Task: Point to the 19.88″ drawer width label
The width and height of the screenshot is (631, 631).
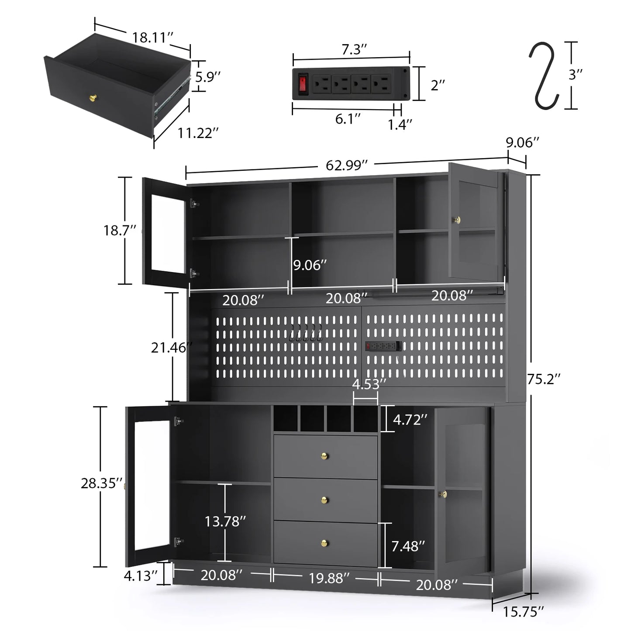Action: pyautogui.click(x=329, y=578)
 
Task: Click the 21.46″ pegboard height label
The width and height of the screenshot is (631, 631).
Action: pyautogui.click(x=171, y=348)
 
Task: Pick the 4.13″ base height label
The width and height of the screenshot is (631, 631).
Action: pyautogui.click(x=140, y=576)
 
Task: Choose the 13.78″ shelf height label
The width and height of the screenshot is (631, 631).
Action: pyautogui.click(x=225, y=521)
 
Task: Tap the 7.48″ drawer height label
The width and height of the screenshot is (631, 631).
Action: pyautogui.click(x=408, y=546)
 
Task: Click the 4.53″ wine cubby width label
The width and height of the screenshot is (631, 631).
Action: pyautogui.click(x=369, y=384)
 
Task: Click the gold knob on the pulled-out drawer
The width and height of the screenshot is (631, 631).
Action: pyautogui.click(x=93, y=97)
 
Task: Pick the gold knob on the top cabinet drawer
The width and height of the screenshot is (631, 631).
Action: pyautogui.click(x=325, y=456)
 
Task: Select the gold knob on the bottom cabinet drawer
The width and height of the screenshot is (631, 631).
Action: pyautogui.click(x=325, y=543)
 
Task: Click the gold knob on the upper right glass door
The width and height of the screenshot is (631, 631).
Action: pyautogui.click(x=458, y=220)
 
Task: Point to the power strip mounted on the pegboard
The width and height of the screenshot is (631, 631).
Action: pyautogui.click(x=383, y=346)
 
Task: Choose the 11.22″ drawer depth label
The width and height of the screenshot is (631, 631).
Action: pyautogui.click(x=198, y=133)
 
